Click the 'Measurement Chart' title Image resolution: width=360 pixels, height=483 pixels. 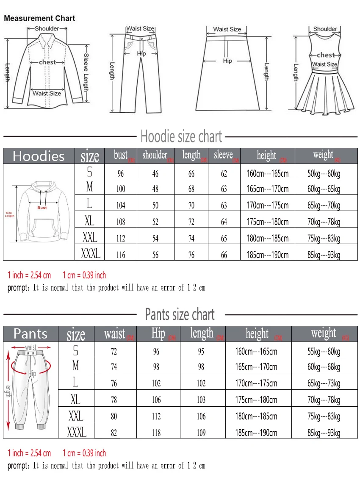(39, 19)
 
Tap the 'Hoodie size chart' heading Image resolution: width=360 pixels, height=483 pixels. (181, 137)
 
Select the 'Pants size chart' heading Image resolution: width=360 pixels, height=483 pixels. (180, 315)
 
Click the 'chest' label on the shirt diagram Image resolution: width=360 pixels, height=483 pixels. (47, 62)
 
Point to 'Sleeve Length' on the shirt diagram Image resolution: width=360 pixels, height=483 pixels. (86, 72)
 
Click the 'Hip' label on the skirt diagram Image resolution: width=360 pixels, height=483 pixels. (227, 61)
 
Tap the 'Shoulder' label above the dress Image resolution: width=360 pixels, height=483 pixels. (325, 29)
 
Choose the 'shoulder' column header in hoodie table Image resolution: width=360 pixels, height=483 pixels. (155, 155)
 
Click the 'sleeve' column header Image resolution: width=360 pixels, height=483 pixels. (223, 155)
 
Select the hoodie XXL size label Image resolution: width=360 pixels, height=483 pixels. (90, 237)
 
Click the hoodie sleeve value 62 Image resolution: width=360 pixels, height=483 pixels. (224, 173)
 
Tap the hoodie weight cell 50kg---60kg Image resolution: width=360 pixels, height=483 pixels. (324, 173)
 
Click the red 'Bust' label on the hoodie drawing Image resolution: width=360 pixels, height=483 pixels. (42, 208)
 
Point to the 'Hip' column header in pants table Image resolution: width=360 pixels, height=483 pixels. (158, 333)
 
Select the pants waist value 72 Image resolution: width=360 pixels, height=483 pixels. (114, 352)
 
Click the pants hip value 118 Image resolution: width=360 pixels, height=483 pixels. (156, 433)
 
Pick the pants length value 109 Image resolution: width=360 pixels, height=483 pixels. (201, 433)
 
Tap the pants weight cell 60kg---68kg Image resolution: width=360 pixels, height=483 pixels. (324, 367)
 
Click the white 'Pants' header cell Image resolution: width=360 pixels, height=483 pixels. (30, 334)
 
